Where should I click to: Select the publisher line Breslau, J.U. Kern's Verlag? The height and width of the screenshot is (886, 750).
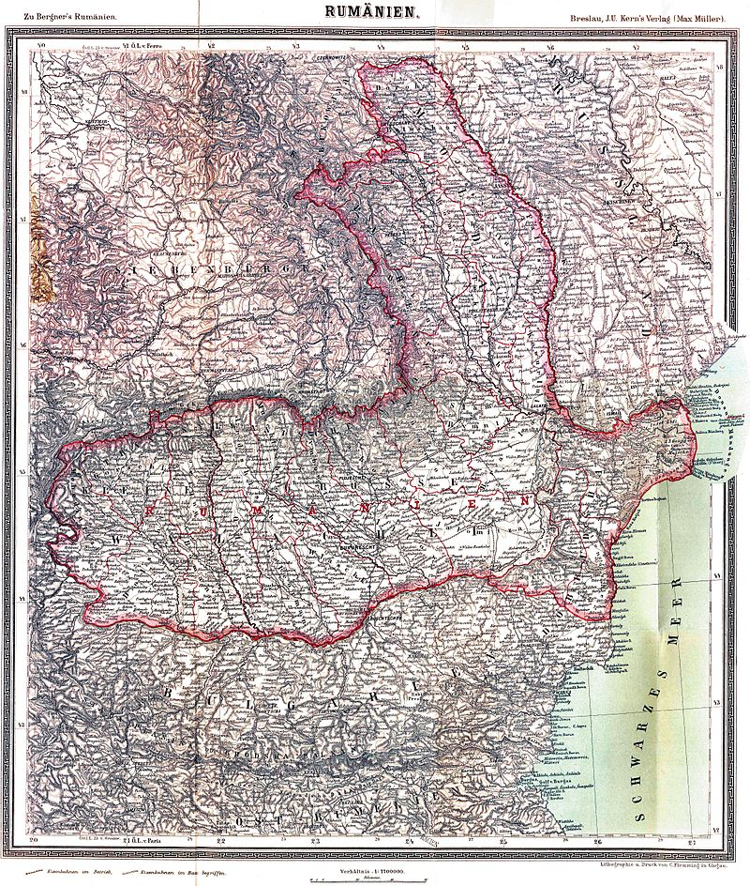(647, 17)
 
